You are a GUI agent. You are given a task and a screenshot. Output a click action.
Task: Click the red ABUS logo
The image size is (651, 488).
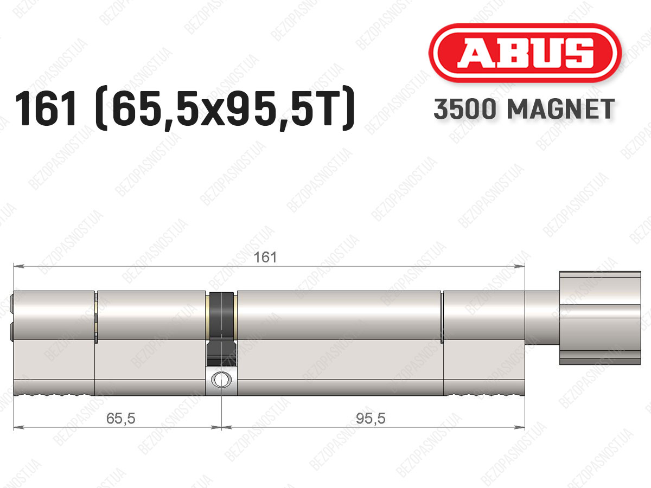coord(525,53)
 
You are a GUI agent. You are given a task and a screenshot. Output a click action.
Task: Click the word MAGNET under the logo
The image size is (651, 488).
coord(560,109)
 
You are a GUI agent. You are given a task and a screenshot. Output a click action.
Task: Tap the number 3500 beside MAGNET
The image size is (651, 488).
coord(465,109)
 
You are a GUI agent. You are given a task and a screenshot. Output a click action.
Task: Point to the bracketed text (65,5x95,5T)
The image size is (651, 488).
coord(225,108)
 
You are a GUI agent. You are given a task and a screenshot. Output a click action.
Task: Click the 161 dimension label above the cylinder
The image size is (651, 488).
coord(265,257)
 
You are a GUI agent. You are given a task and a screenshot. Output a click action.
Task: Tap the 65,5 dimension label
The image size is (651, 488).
coord(121,419)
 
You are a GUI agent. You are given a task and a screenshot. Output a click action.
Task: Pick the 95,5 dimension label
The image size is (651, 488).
coord(371,419)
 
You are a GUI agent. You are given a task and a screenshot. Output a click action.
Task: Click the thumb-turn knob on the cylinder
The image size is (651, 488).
coord(600,318)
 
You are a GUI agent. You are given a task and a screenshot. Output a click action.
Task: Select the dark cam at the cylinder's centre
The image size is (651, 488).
coord(222,329)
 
